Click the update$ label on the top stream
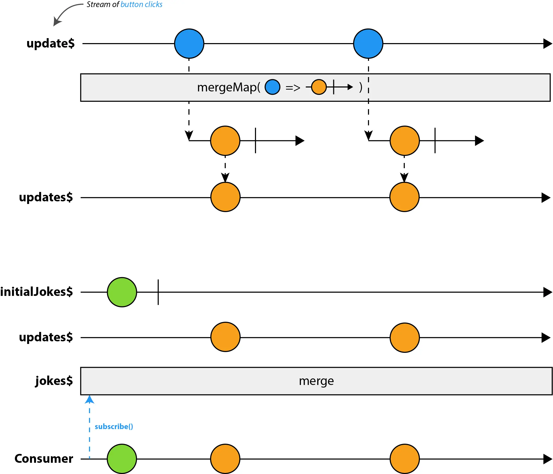pos(50,44)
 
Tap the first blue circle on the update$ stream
pos(189,44)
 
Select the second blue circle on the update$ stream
pos(368,44)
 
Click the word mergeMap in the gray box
pos(227,87)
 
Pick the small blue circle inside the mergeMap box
pos(272,87)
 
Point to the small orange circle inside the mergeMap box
pos(319,87)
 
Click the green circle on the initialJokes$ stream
pos(122,292)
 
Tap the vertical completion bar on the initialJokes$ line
pos(158,292)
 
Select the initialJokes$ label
pos(37,292)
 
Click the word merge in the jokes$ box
pos(316,381)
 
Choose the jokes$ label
pos(54,381)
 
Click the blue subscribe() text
pos(114,426)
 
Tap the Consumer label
pos(44,459)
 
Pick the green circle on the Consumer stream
pos(122,459)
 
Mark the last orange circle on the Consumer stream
pos(405,459)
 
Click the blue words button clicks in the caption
pos(141,4)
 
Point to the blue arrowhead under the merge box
pos(90,400)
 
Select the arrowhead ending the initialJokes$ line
pos(548,292)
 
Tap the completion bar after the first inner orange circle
pos(255,141)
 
